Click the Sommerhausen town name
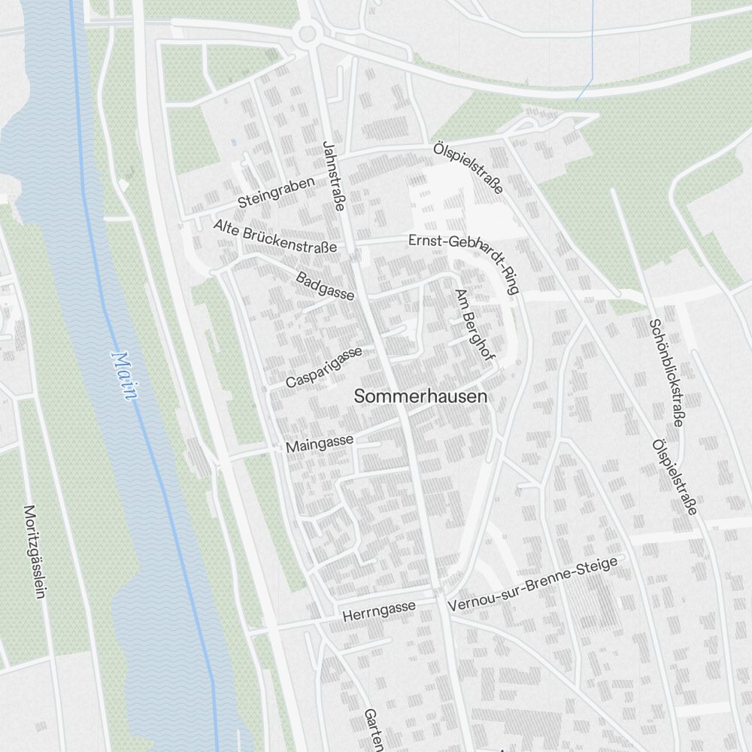coord(420,396)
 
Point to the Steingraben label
coord(275,193)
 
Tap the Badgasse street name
coord(325,286)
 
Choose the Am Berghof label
coord(475,325)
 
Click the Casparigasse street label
coord(324,368)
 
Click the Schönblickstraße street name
coord(666,372)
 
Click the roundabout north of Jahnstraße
coord(307,33)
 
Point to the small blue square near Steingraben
coord(234,141)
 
